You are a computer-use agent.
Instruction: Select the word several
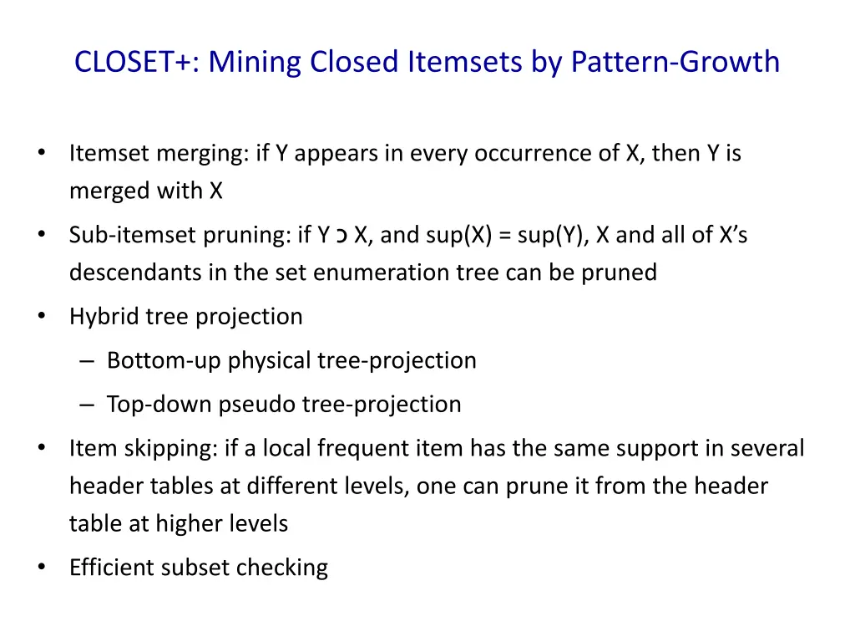(767, 449)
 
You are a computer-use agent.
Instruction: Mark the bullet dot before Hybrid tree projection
(42, 316)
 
